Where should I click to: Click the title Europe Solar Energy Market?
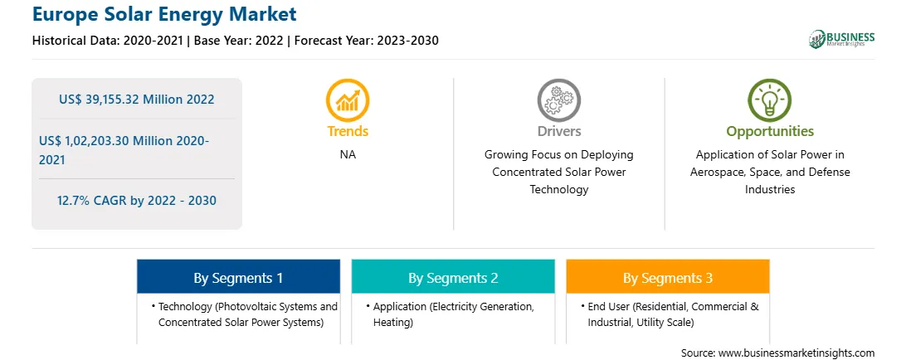pyautogui.click(x=164, y=13)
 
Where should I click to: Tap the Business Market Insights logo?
pyautogui.click(x=842, y=39)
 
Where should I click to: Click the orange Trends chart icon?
pyautogui.click(x=348, y=100)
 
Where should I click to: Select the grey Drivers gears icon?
pyautogui.click(x=558, y=100)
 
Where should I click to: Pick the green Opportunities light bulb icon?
pyautogui.click(x=770, y=100)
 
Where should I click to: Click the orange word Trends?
pyautogui.click(x=348, y=131)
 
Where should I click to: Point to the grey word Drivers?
pyautogui.click(x=558, y=131)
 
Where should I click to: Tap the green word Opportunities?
pyautogui.click(x=770, y=132)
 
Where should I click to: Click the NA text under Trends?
pyautogui.click(x=348, y=155)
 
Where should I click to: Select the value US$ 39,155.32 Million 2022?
pyautogui.click(x=136, y=100)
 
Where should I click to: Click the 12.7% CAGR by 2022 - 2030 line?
pyautogui.click(x=136, y=201)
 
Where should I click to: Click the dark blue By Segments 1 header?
pyautogui.click(x=238, y=277)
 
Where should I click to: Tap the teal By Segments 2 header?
pyautogui.click(x=453, y=277)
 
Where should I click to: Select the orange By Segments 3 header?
pyautogui.click(x=667, y=277)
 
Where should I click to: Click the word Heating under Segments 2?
pyautogui.click(x=393, y=323)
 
